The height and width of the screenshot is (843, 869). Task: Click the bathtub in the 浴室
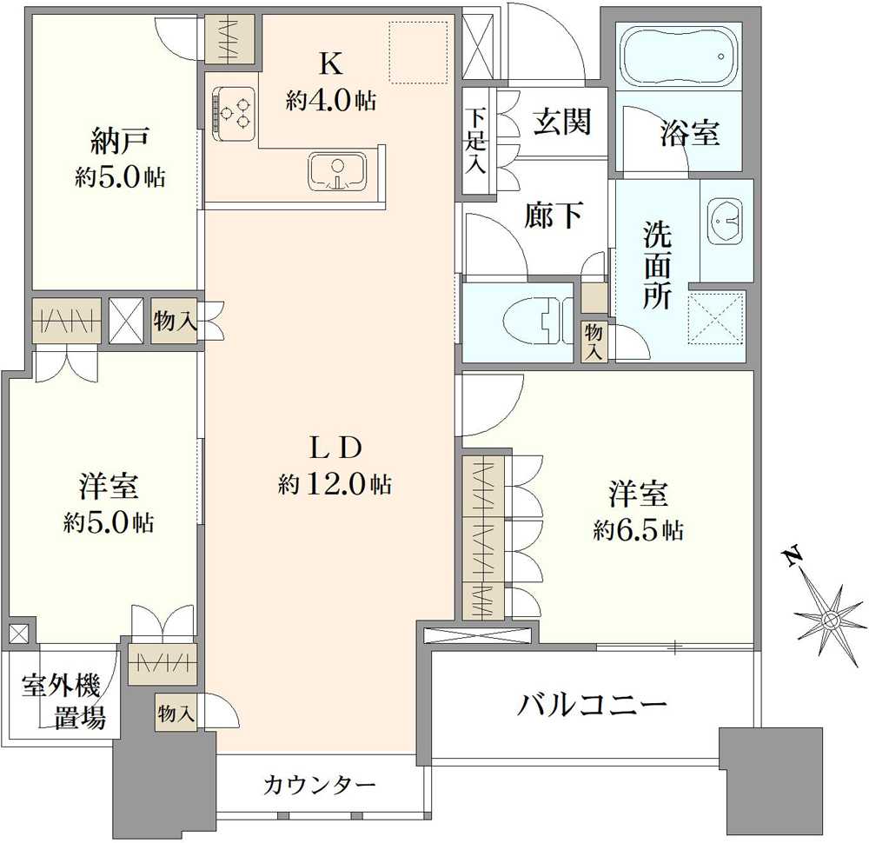(x=678, y=55)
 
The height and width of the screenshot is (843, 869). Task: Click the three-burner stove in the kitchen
(x=232, y=112)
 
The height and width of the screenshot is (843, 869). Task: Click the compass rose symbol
(x=830, y=619)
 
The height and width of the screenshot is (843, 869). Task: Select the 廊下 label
(x=553, y=215)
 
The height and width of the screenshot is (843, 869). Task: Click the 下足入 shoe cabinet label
(x=474, y=140)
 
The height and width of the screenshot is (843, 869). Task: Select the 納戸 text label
(x=120, y=140)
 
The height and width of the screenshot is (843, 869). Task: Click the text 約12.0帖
(x=335, y=484)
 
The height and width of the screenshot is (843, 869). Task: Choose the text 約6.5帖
(x=638, y=530)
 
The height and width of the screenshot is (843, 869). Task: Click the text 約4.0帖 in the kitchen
(x=331, y=101)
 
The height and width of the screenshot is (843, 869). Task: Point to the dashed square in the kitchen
(x=416, y=53)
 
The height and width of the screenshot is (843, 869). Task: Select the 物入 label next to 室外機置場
(x=176, y=714)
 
